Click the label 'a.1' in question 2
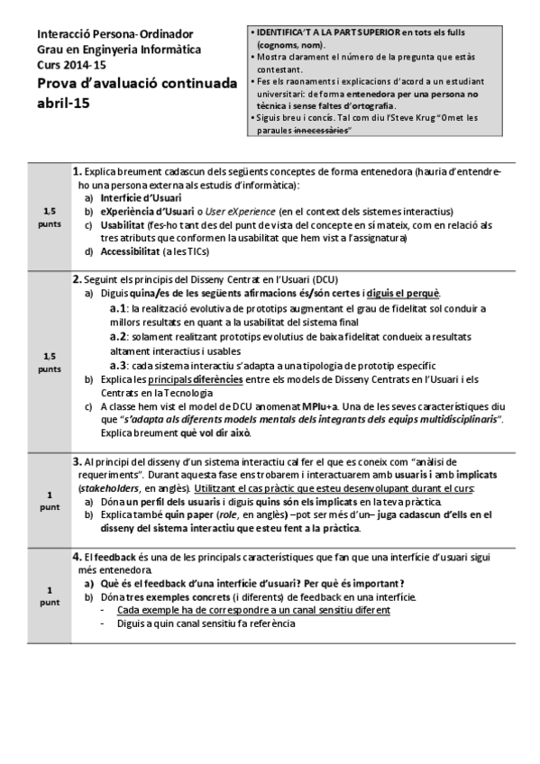click(x=116, y=308)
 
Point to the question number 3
click(x=78, y=459)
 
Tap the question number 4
click(x=78, y=557)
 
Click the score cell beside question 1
click(x=49, y=217)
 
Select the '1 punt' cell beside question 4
click(x=49, y=595)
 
